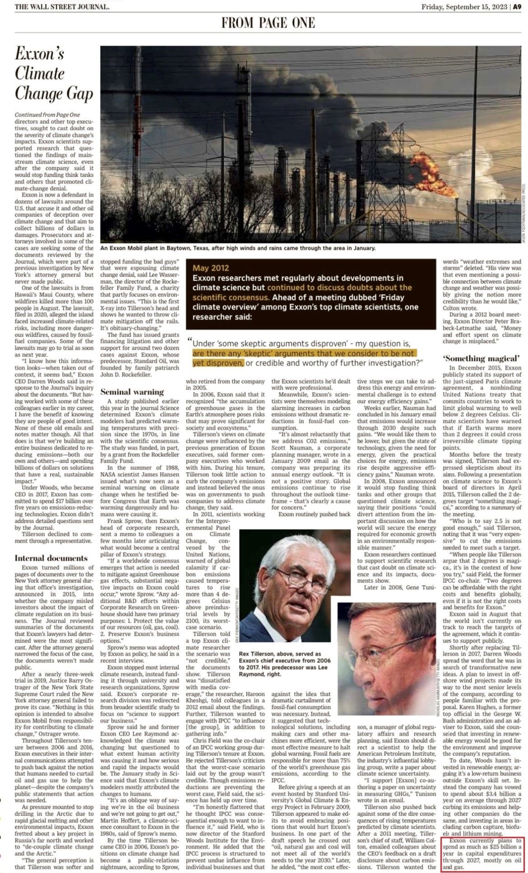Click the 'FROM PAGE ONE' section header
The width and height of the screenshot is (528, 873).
tap(268, 22)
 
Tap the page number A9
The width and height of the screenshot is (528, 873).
tap(517, 7)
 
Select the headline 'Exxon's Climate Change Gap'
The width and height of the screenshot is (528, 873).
tap(54, 73)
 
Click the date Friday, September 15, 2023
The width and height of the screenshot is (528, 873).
tap(464, 7)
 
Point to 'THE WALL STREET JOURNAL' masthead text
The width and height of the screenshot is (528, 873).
tap(62, 7)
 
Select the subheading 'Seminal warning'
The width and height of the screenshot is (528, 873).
tap(132, 391)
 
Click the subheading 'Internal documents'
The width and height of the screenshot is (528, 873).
tap(51, 558)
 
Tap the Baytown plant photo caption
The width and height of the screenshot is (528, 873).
tap(237, 248)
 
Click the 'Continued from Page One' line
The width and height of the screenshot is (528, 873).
tap(47, 115)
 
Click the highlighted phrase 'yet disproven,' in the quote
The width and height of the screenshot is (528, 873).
tap(218, 362)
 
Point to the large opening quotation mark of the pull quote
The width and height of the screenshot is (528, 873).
tap(190, 341)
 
